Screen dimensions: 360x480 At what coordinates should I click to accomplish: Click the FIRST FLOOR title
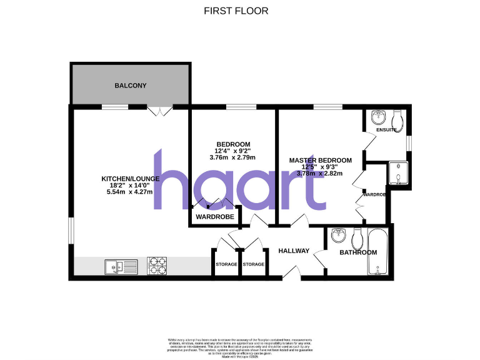click(236, 11)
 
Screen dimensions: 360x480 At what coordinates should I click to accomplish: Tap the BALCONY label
click(130, 85)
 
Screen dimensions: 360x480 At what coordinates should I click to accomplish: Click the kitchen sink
click(121, 267)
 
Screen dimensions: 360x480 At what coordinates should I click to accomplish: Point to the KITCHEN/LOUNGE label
click(131, 179)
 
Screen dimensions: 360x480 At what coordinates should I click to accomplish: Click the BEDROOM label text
click(232, 144)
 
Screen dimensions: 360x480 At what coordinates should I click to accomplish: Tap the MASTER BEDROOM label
click(320, 160)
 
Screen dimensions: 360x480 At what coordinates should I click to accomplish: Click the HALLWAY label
click(294, 251)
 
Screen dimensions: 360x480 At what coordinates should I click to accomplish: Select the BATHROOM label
click(358, 252)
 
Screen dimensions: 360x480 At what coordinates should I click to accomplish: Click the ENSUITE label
click(386, 130)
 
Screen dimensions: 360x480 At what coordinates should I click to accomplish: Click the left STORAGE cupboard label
click(226, 264)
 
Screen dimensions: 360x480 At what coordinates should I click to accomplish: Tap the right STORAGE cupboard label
click(253, 264)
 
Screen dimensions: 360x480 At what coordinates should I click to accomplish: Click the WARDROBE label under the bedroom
click(215, 217)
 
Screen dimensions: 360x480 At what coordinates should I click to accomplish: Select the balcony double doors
click(160, 112)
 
